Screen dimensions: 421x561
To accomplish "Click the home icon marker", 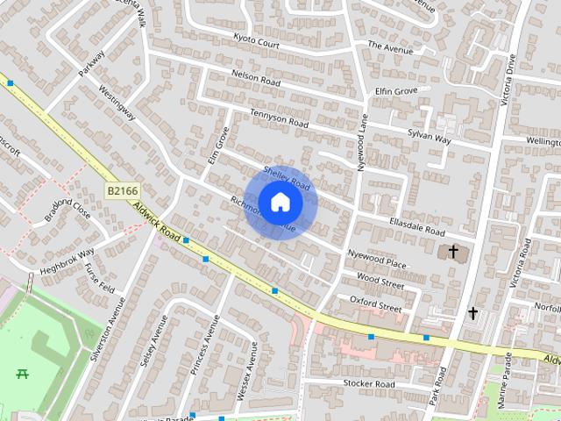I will (x=280, y=203).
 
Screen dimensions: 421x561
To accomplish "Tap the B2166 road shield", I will (x=123, y=190).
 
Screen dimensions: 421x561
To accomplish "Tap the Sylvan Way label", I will (x=429, y=137).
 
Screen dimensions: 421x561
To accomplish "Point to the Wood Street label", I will (x=380, y=282).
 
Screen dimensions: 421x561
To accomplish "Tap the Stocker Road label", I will (x=369, y=383).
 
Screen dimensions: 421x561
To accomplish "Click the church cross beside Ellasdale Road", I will (x=453, y=253).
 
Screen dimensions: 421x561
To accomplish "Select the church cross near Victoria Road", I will (x=473, y=312).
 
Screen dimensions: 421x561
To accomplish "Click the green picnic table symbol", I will (x=23, y=374).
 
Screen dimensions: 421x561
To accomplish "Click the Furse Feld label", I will (x=100, y=279).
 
